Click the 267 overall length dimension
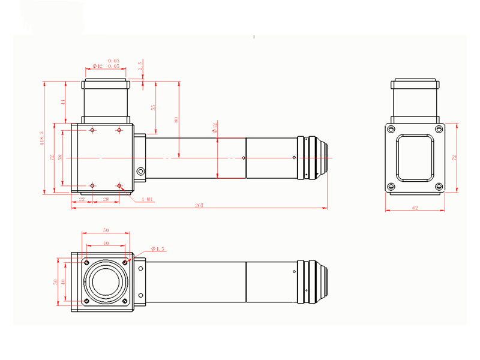[x=199, y=206]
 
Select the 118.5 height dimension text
[x=42, y=139]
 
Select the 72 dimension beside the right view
[x=455, y=157]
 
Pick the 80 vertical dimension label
[x=176, y=119]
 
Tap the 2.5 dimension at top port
[x=140, y=67]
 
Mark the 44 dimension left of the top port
[x=62, y=103]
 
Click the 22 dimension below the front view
[x=82, y=199]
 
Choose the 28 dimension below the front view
[x=106, y=199]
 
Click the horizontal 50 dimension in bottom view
[x=106, y=230]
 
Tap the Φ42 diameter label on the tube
[x=215, y=127]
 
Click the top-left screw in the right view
[x=391, y=129]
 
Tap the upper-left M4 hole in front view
[x=92, y=130]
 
